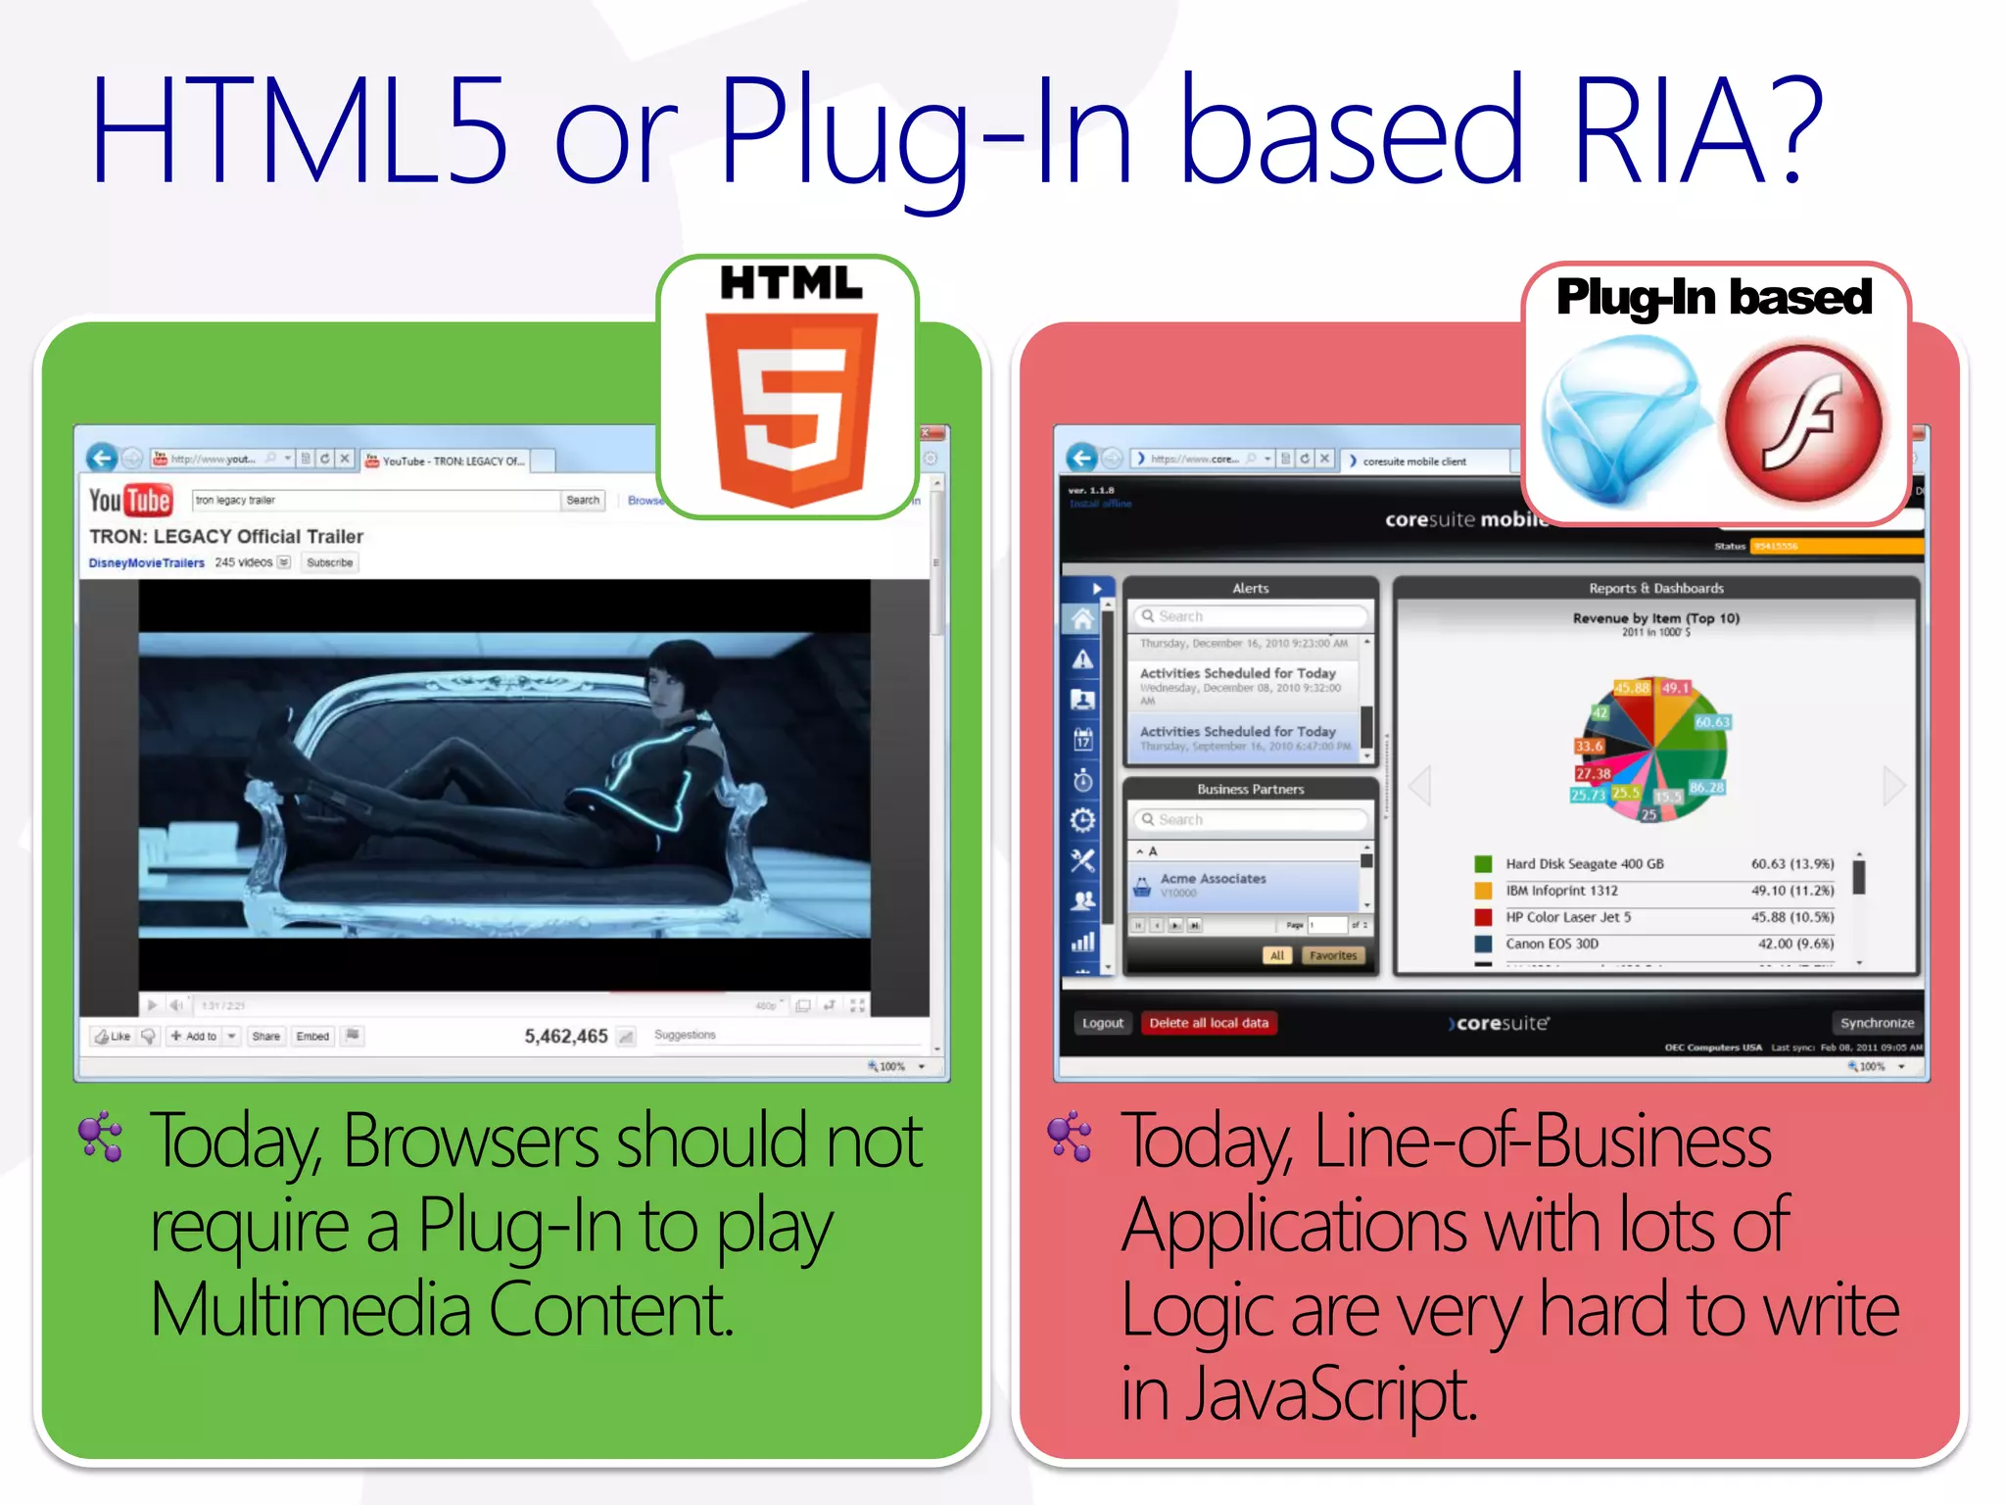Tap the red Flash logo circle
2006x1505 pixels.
pyautogui.click(x=1803, y=423)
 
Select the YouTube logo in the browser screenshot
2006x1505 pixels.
pyautogui.click(x=130, y=501)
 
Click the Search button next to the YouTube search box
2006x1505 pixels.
pyautogui.click(x=583, y=501)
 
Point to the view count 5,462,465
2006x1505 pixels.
pyautogui.click(x=565, y=1037)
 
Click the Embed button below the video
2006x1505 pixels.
pyautogui.click(x=312, y=1037)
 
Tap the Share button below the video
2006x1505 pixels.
pyautogui.click(x=265, y=1037)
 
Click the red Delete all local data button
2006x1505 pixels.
pyautogui.click(x=1208, y=1023)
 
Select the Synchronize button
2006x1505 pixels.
pyautogui.click(x=1876, y=1023)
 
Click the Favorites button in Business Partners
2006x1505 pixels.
pyautogui.click(x=1332, y=955)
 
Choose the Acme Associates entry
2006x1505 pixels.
pyautogui.click(x=1213, y=879)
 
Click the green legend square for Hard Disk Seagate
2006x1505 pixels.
pyautogui.click(x=1484, y=864)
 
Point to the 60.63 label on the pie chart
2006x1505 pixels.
pyautogui.click(x=1712, y=722)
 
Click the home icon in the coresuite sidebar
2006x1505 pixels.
pyautogui.click(x=1082, y=619)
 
